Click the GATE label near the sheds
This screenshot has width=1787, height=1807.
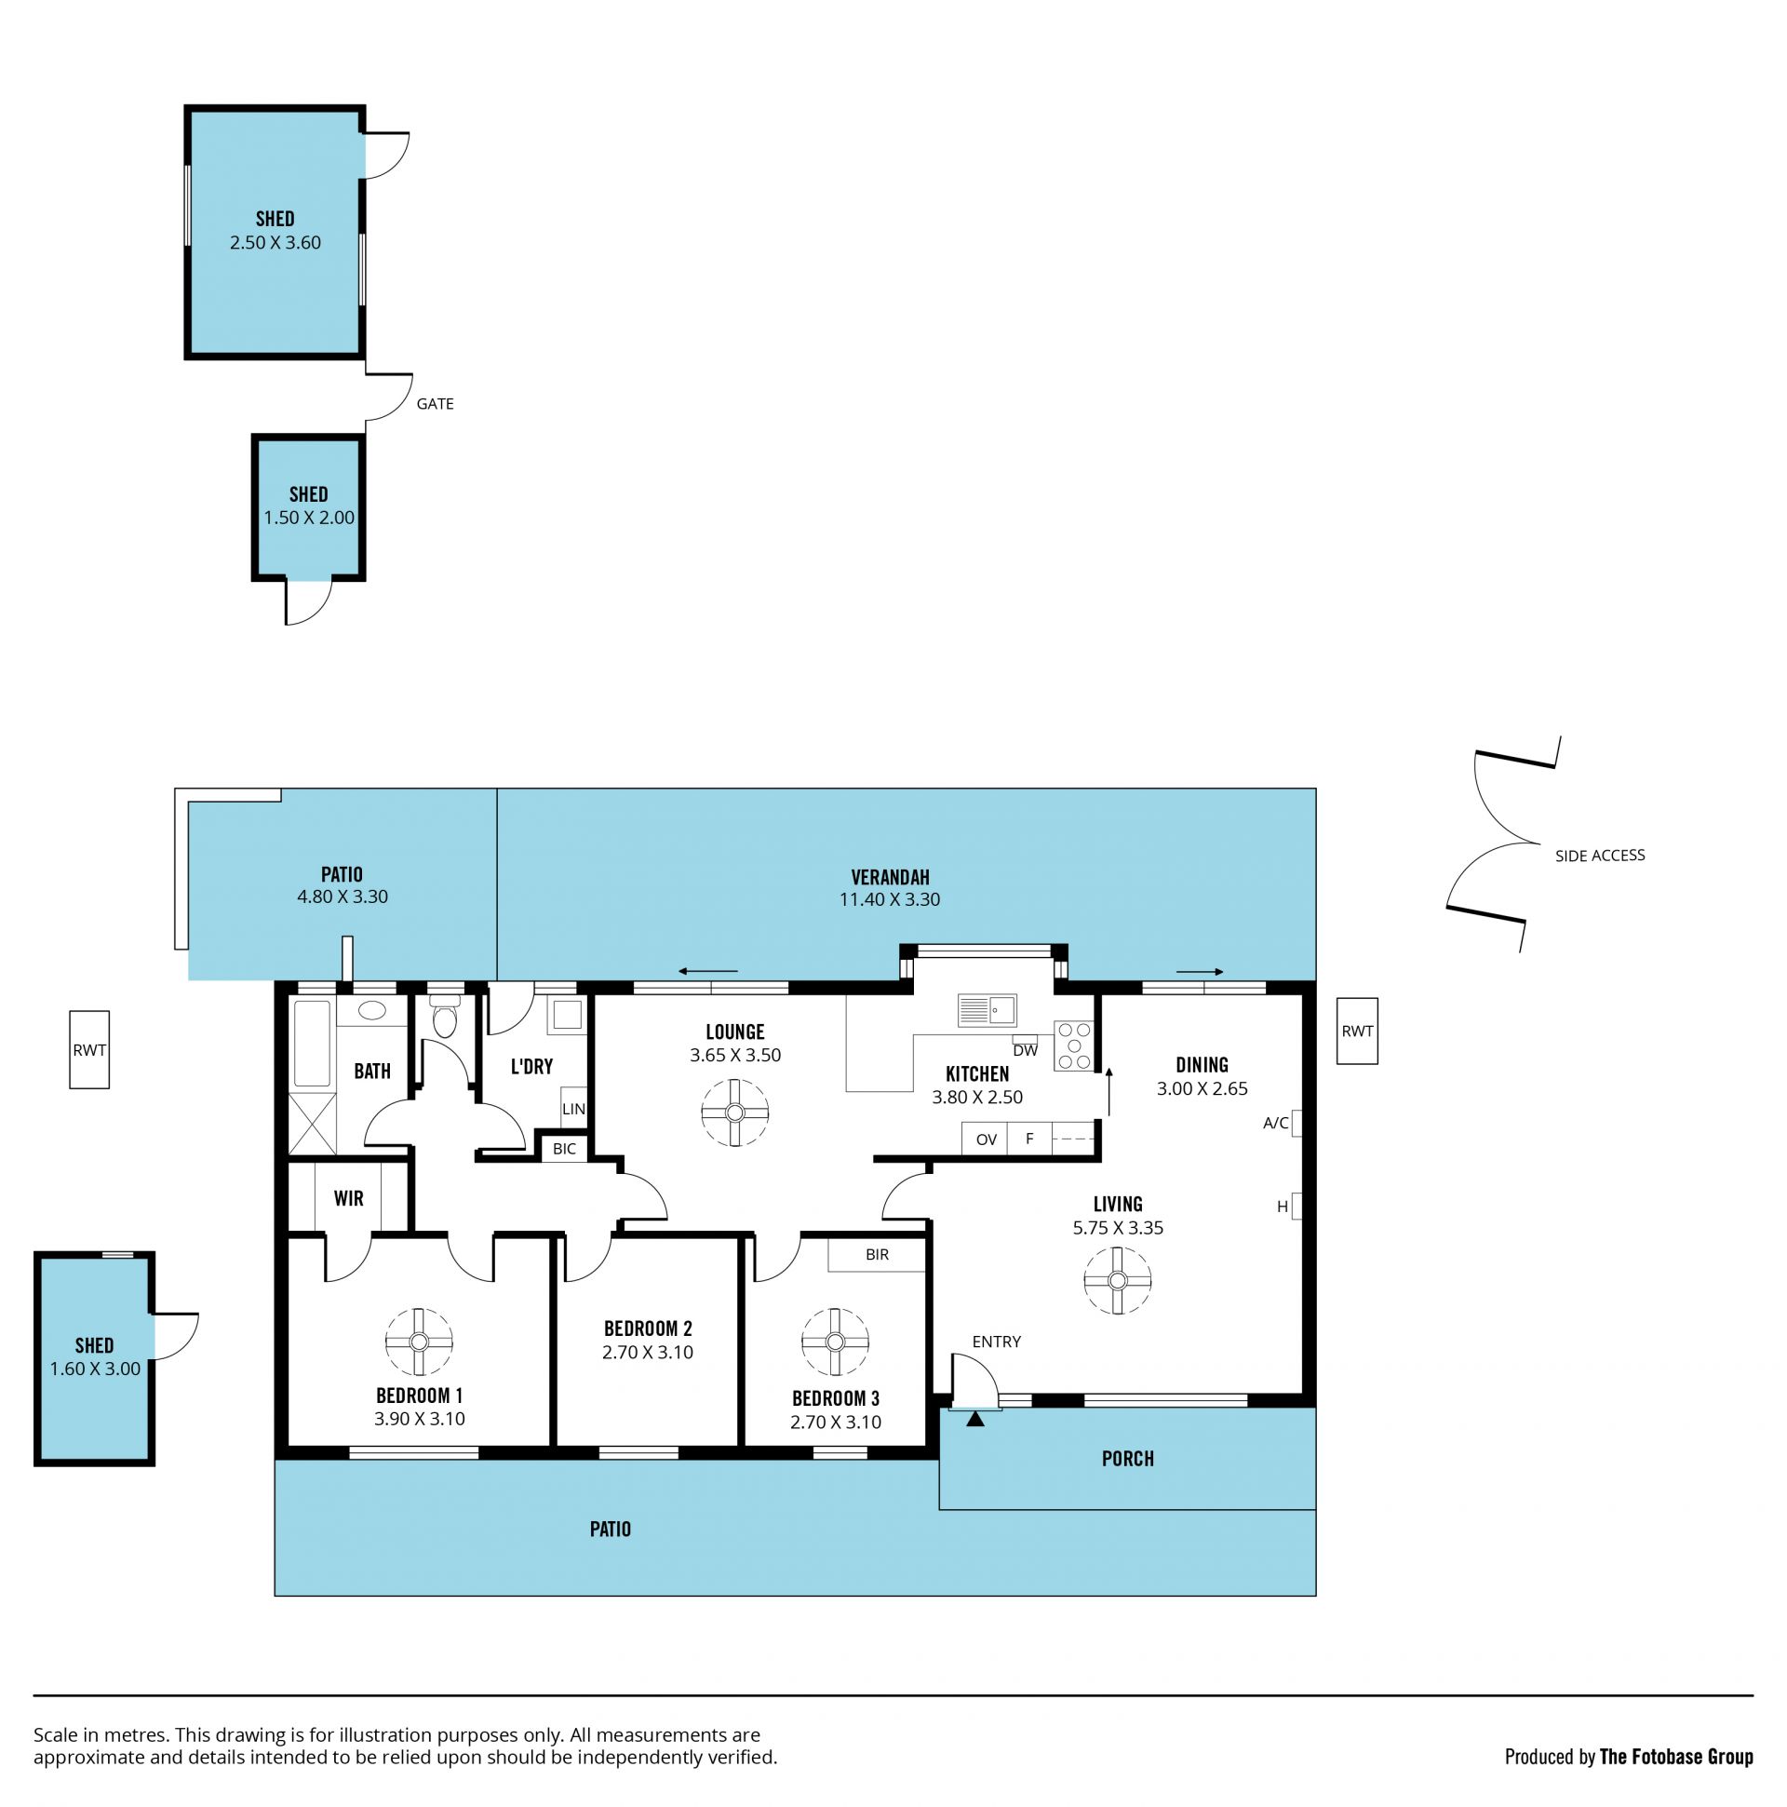point(435,404)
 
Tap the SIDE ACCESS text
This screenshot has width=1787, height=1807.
point(1599,855)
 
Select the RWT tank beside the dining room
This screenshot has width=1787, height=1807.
point(1357,1031)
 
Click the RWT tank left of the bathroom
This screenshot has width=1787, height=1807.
point(89,1049)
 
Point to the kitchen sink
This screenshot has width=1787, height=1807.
point(987,1010)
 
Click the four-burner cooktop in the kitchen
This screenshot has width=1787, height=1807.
point(1073,1045)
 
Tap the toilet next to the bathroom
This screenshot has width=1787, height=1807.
point(445,1016)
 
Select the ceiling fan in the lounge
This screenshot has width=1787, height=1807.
point(735,1113)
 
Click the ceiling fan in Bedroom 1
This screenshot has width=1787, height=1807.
point(419,1342)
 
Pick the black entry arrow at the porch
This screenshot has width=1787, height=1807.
point(975,1419)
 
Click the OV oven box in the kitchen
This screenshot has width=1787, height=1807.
point(985,1139)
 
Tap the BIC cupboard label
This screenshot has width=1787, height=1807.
point(565,1149)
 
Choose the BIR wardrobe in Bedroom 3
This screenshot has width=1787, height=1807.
point(876,1254)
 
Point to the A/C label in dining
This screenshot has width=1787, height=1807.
point(1275,1123)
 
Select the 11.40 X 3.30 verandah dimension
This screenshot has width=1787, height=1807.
point(889,899)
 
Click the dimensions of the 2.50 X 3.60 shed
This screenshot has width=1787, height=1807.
point(275,243)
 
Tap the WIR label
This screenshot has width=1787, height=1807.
point(349,1198)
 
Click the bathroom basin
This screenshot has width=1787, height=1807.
point(372,1010)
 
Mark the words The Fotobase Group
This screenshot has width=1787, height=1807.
point(1675,1757)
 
